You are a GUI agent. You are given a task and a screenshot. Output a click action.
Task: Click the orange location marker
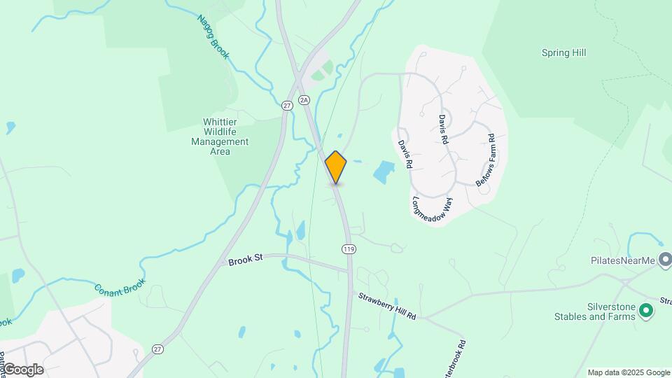[336, 167]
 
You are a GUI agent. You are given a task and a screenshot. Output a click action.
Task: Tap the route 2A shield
[304, 100]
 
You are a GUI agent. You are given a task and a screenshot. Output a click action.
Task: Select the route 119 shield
[347, 248]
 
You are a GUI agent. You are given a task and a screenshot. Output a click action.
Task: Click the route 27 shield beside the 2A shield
[286, 105]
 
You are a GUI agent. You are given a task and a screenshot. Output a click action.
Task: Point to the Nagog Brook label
[213, 36]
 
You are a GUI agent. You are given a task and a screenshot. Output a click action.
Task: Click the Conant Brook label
[120, 286]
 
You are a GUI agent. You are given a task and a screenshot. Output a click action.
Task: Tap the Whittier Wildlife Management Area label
[220, 136]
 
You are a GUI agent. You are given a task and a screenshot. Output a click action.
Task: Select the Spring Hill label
[563, 52]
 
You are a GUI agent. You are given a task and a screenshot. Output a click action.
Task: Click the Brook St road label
[245, 260]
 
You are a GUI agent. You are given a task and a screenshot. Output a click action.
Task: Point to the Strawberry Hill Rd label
[387, 306]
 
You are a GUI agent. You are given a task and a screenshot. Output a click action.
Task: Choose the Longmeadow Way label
[433, 207]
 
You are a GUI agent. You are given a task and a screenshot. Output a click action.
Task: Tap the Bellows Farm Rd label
[485, 160]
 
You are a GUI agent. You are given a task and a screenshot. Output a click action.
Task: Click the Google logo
[22, 369]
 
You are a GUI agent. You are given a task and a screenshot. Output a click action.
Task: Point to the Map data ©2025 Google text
[629, 372]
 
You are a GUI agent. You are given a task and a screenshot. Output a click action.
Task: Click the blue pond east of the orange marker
[384, 171]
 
